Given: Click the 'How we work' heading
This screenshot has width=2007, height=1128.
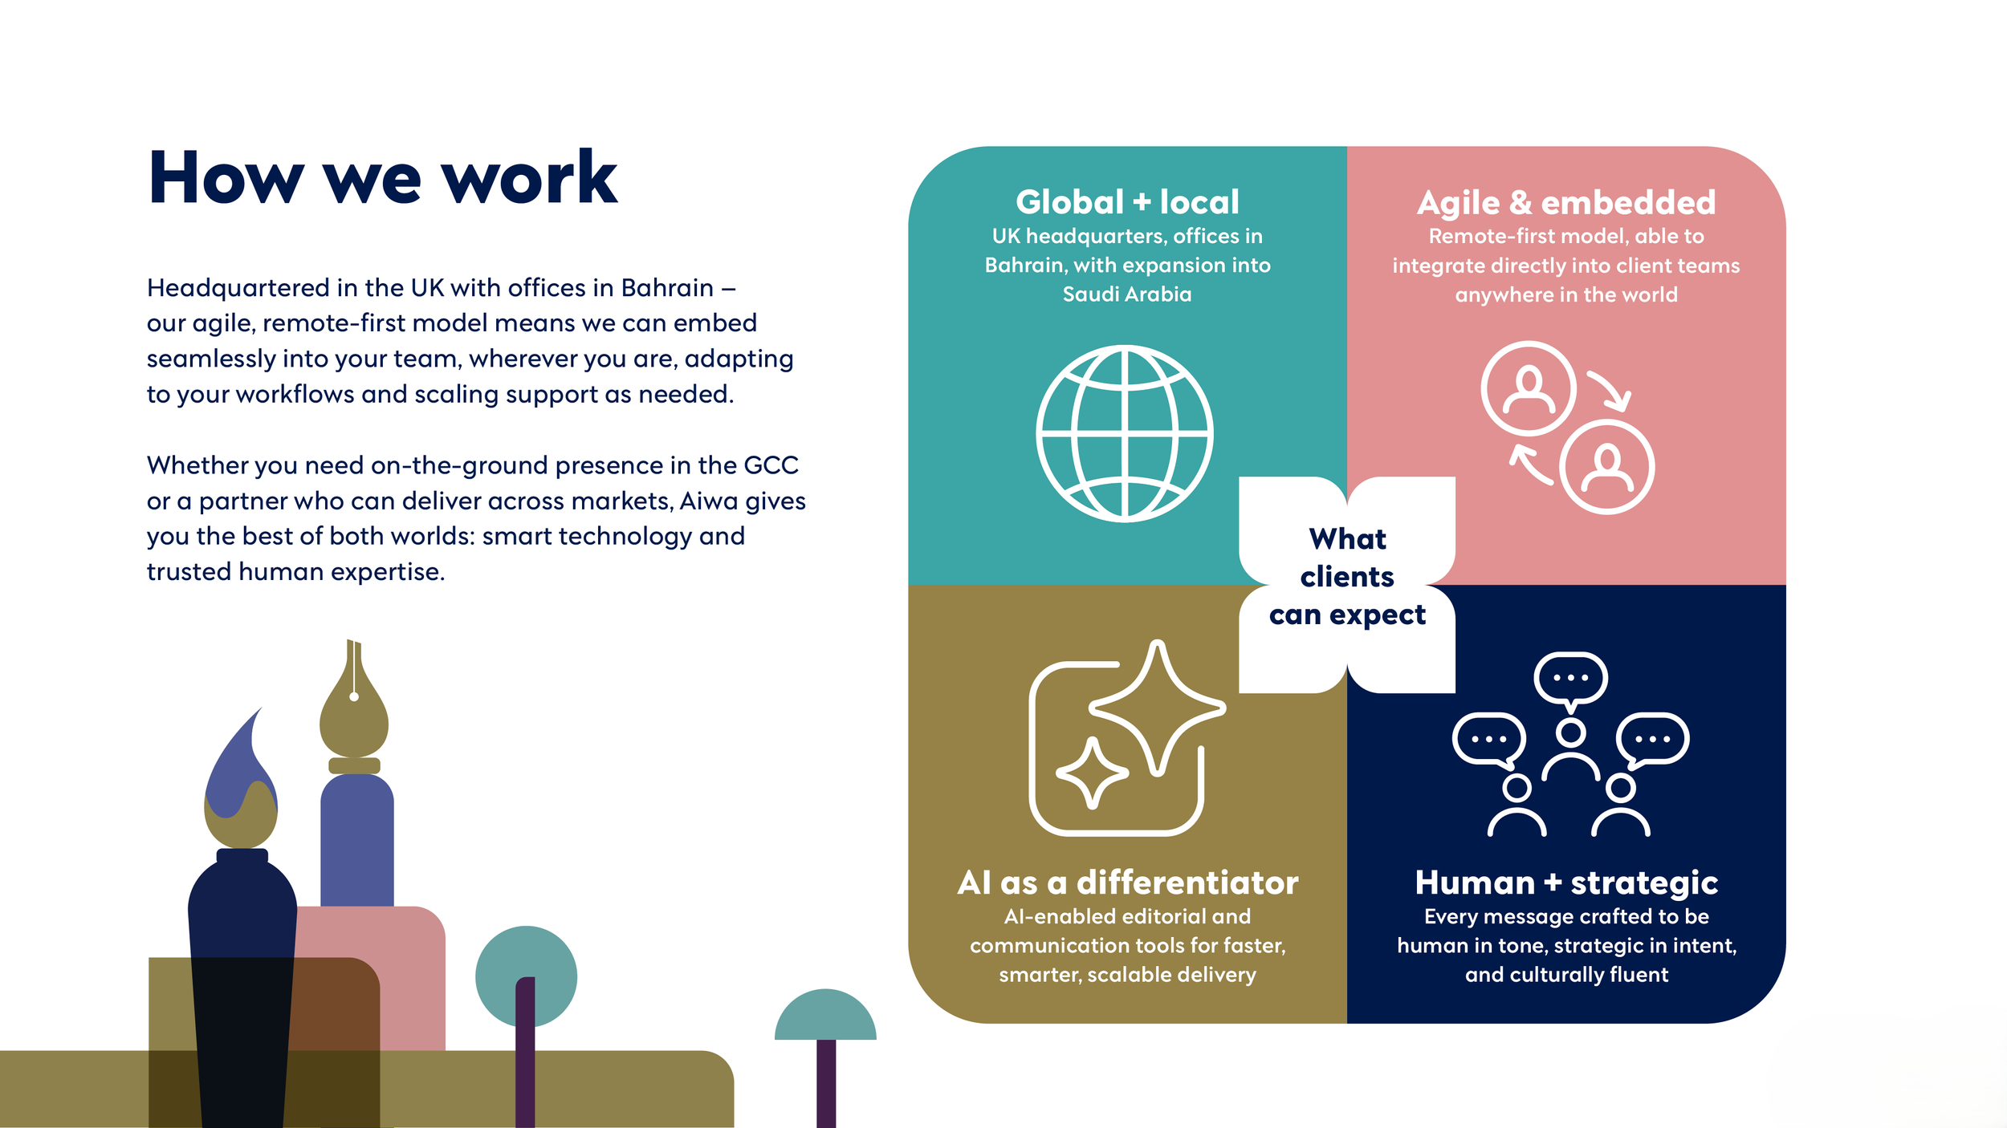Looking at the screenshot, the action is tap(383, 178).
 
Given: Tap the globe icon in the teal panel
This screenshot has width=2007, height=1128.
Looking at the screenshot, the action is tap(1125, 434).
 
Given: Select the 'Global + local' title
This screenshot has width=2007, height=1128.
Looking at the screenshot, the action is tap(1127, 202).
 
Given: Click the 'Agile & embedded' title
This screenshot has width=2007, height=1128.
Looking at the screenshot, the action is tap(1566, 203).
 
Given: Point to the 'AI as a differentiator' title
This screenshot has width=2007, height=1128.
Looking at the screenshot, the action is tap(1127, 883).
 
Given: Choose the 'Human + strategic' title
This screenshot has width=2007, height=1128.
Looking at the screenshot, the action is tap(1566, 883).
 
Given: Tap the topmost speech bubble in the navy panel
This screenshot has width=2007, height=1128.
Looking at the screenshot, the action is tap(1570, 679).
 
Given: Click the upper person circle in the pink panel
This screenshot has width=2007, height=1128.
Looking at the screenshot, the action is tap(1528, 388).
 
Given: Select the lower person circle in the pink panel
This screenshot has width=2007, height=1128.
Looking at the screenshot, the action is tap(1606, 467).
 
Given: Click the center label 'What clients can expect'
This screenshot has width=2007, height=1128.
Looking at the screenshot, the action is tap(1347, 577).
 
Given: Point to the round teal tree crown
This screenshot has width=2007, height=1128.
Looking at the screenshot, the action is tap(526, 976).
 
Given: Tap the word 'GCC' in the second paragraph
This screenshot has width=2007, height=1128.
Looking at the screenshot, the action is tap(771, 465).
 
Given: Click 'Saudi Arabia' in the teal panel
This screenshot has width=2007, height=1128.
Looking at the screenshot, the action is tap(1127, 294).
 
